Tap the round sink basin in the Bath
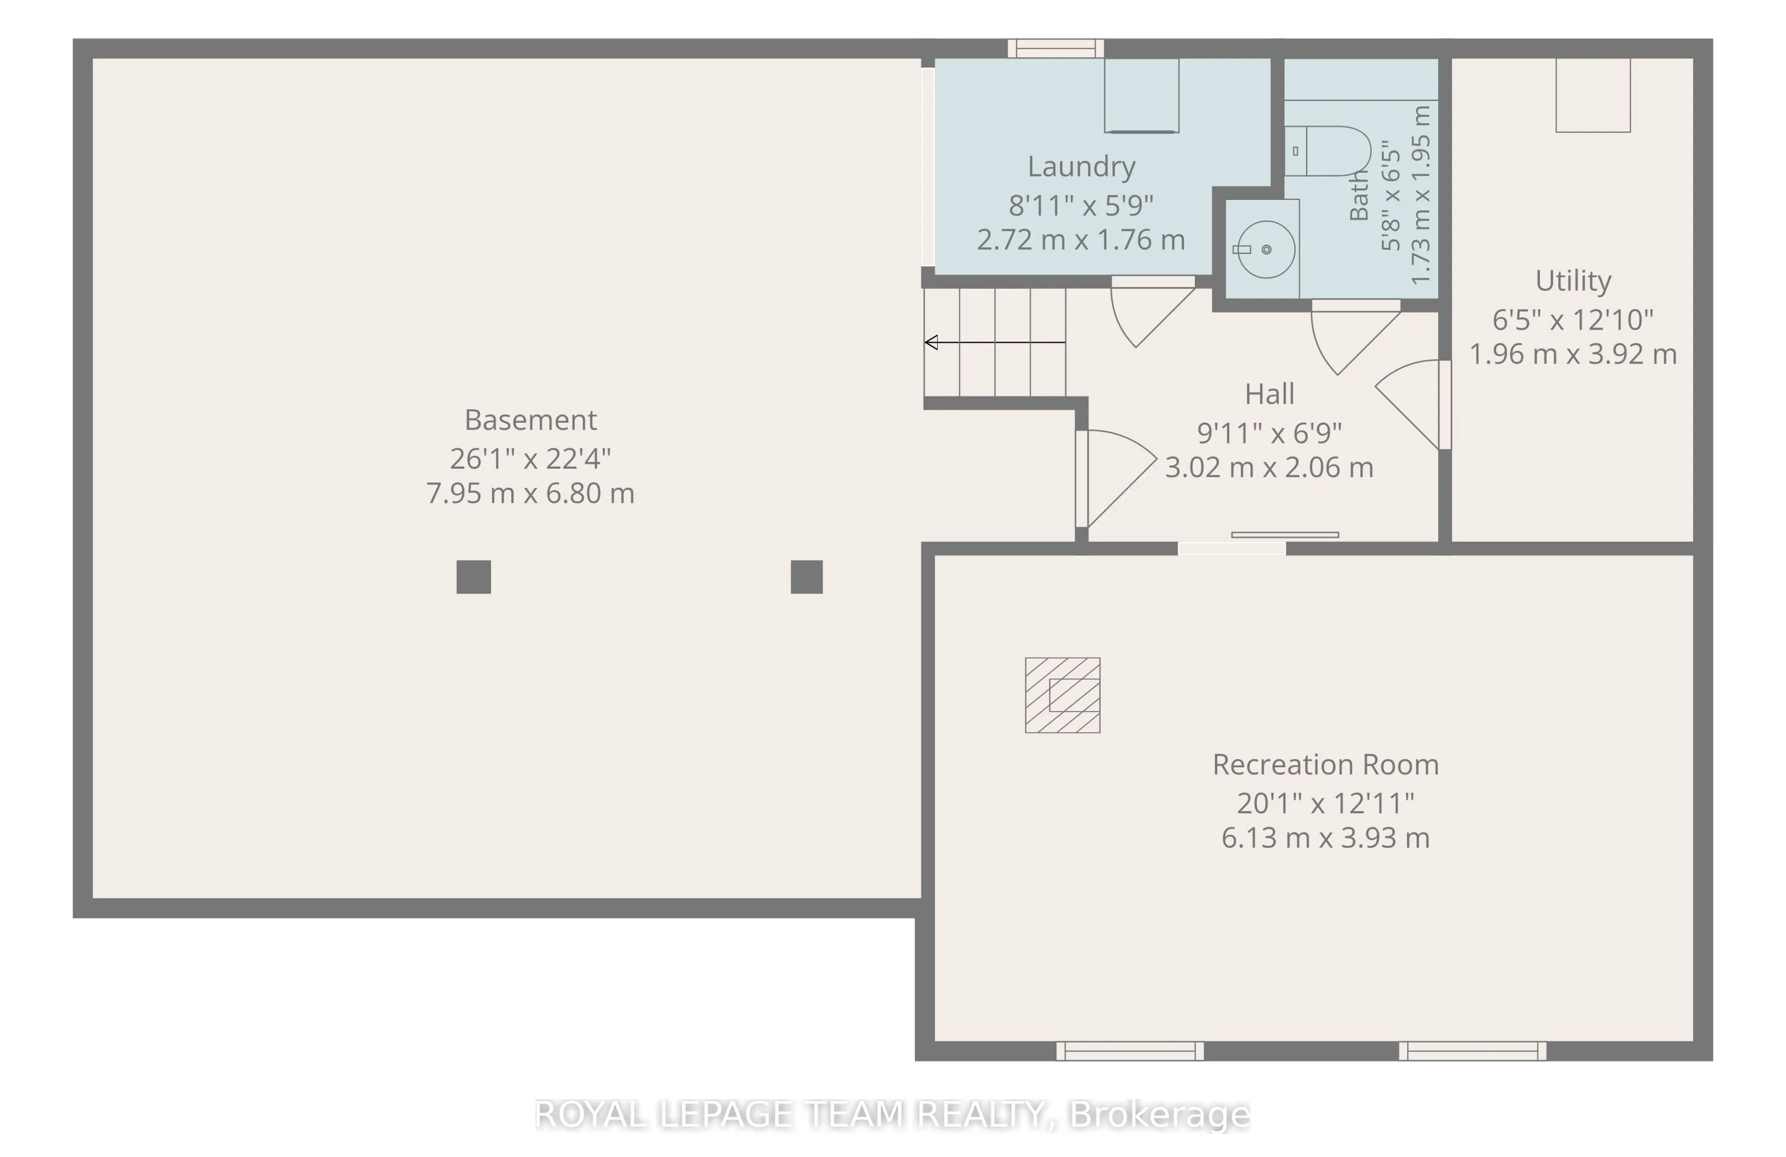[x=1266, y=249]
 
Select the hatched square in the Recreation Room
[x=1063, y=695]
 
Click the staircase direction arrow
[x=995, y=342]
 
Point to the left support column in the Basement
[x=473, y=577]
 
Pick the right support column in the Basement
[x=806, y=577]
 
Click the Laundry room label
[x=1080, y=166]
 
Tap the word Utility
[x=1573, y=280]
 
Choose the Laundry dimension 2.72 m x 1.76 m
[x=1080, y=240]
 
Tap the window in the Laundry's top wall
[x=1055, y=49]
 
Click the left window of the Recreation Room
[x=1130, y=1051]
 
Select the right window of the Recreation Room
[x=1473, y=1051]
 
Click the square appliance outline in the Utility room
[x=1593, y=95]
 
